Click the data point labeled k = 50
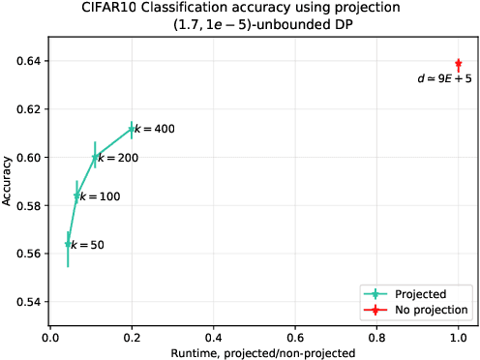[68, 244]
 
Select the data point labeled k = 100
[77, 195]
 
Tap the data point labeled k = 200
[95, 157]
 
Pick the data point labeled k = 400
[131, 129]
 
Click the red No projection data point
[458, 63]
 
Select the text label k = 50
[87, 246]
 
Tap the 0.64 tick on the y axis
[31, 61]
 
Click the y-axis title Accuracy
[9, 182]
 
